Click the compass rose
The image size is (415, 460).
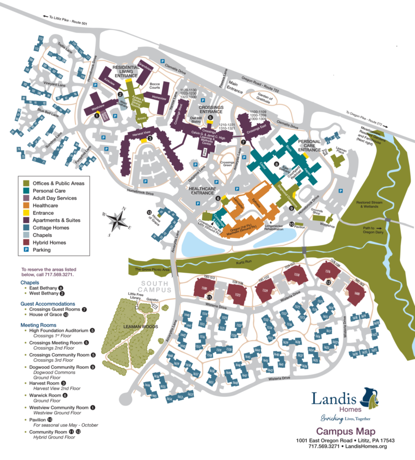[116, 220]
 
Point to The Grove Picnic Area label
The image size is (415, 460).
[151, 270]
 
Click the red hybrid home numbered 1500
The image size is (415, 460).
[204, 289]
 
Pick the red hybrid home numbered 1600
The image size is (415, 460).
[357, 294]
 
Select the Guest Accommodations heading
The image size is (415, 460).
[47, 304]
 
